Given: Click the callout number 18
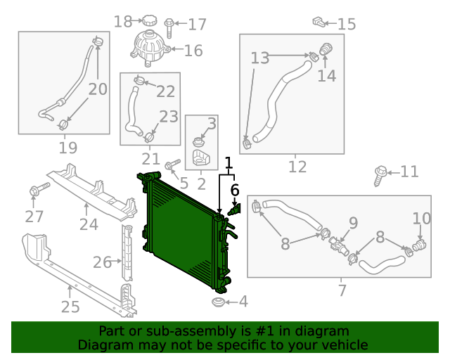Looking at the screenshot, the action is pyautogui.click(x=123, y=22).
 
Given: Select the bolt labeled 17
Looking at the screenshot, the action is pyautogui.click(x=169, y=28).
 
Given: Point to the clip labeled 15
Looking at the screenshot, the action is pyautogui.click(x=319, y=22).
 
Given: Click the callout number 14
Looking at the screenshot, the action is pyautogui.click(x=326, y=76).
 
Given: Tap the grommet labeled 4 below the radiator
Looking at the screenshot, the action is pyautogui.click(x=218, y=302).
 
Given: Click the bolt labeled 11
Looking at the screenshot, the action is pyautogui.click(x=380, y=175).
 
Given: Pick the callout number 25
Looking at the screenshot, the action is pyautogui.click(x=70, y=307).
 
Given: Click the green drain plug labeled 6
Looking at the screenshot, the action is pyautogui.click(x=235, y=210).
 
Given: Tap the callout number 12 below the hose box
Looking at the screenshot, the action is pyautogui.click(x=297, y=167).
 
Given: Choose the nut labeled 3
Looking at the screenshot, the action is pyautogui.click(x=198, y=142).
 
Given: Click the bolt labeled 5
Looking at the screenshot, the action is pyautogui.click(x=172, y=164).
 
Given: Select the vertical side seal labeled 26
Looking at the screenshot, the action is pyautogui.click(x=127, y=252).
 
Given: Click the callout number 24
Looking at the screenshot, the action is pyautogui.click(x=89, y=224).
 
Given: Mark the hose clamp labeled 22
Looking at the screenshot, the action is pyautogui.click(x=139, y=80).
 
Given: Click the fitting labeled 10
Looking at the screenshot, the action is pyautogui.click(x=419, y=245).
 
